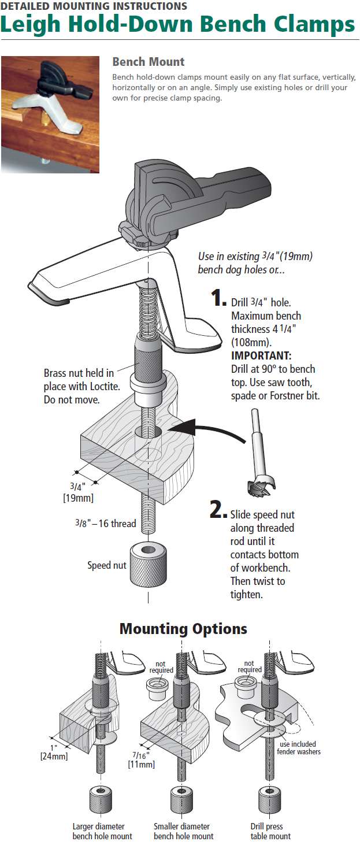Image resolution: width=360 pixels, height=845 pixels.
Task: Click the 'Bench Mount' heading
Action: tap(149, 62)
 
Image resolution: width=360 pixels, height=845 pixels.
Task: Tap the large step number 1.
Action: tap(218, 298)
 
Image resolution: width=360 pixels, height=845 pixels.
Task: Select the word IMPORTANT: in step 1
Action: tap(261, 355)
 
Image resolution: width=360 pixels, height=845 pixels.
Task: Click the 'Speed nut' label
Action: tap(107, 565)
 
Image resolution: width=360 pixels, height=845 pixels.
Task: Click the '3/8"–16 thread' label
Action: tap(105, 524)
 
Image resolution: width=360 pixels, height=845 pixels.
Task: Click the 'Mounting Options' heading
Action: tap(183, 629)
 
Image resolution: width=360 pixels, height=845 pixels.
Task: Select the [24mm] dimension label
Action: tap(54, 755)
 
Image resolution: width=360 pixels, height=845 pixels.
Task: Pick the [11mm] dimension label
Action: tap(141, 764)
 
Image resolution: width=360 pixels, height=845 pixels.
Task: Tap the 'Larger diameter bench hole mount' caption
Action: tap(102, 831)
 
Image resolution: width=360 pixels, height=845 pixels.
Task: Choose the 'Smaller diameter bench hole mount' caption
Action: tap(183, 831)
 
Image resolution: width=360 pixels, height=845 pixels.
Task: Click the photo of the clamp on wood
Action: tap(50, 114)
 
